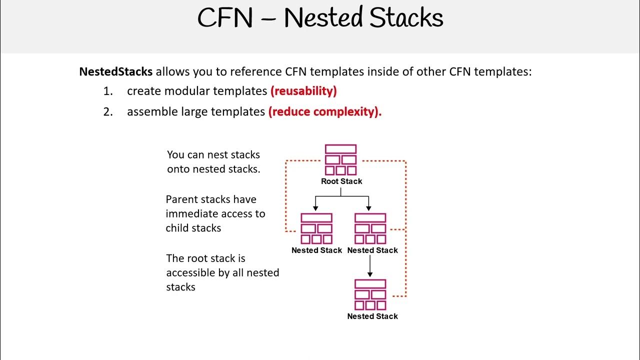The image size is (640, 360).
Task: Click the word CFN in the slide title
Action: coord(225,18)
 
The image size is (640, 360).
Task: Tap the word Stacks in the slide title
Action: coord(405,18)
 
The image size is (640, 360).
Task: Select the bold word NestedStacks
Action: coord(115,71)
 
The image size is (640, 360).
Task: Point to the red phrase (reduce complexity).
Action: coord(324,111)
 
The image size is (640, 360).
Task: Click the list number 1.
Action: coord(107,91)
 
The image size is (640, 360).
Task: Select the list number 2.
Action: coord(107,111)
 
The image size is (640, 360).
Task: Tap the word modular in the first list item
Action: coord(183,91)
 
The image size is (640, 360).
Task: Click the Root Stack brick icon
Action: coord(340,159)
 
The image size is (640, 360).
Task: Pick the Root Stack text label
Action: coord(341,181)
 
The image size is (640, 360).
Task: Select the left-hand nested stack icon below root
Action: coord(316,228)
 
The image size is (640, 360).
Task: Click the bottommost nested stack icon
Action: coord(370,294)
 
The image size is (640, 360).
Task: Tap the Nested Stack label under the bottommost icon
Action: coord(372,316)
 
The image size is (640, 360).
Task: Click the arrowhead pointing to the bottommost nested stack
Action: coord(370,274)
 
